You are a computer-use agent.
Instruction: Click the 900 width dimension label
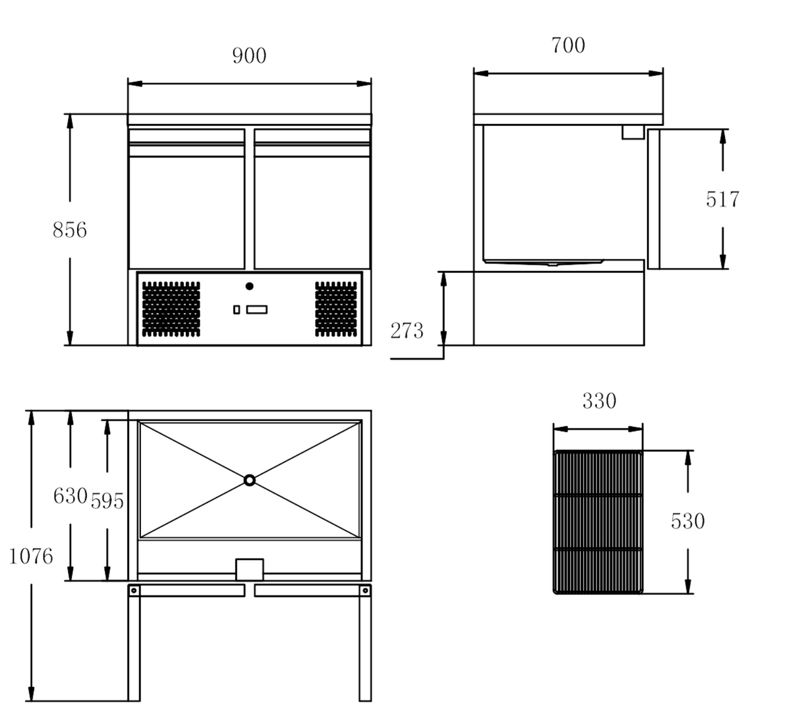point(249,56)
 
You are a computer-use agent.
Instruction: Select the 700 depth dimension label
point(567,45)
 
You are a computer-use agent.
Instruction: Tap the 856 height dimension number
point(69,230)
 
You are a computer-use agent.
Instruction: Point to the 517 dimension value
point(722,199)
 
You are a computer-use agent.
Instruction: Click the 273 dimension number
point(407,331)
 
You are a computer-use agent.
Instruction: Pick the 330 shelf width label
point(599,401)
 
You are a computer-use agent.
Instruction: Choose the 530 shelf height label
point(687,521)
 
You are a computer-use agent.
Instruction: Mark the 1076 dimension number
point(30,557)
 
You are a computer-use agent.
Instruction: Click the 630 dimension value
point(70,495)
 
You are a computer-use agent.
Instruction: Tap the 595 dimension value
point(107,501)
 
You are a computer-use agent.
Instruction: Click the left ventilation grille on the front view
point(171,308)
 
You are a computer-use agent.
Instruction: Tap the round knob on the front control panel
point(249,286)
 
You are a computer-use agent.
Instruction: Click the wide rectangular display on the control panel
point(257,310)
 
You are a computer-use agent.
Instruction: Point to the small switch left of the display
point(237,310)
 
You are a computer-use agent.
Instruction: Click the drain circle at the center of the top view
point(249,480)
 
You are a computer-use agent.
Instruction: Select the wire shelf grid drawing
point(598,522)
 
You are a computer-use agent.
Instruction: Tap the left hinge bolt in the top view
point(134,590)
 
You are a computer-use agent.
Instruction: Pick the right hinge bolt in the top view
point(365,590)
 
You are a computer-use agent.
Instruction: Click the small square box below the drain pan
point(249,570)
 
